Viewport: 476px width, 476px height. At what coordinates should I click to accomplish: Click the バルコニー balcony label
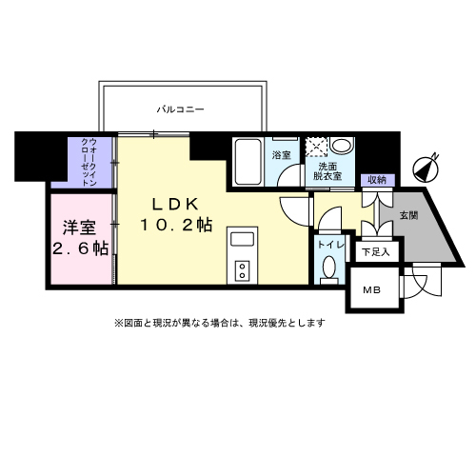point(181,110)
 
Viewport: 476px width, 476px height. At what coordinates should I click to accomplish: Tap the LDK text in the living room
point(171,203)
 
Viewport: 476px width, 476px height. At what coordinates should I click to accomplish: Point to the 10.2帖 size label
point(177,225)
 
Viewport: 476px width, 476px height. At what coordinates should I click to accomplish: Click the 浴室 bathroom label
point(282,154)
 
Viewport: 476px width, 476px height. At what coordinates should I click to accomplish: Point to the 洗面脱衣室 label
point(331,170)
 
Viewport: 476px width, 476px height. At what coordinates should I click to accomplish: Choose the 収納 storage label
point(374,180)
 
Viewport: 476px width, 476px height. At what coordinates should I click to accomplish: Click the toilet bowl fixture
point(329,270)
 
